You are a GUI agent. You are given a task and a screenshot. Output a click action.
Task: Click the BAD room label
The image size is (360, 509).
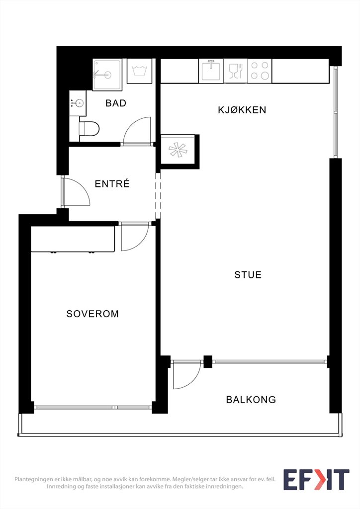coord(116,103)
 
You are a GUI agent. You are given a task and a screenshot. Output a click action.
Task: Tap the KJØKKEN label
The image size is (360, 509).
coord(242,110)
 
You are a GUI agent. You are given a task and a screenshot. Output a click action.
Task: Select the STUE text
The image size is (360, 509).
coord(248,274)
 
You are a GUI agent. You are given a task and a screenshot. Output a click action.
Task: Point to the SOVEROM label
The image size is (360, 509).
coord(92,314)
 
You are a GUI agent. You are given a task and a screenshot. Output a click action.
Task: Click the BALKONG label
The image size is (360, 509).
coord(251,399)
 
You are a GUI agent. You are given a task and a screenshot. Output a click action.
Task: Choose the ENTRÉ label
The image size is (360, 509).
coord(112,183)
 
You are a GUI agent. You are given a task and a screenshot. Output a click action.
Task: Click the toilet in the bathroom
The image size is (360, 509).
coord(89,129)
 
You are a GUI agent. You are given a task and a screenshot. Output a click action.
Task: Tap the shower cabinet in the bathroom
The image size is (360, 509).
coord(107,75)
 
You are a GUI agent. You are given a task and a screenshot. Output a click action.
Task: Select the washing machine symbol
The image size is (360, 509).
coord(140,71)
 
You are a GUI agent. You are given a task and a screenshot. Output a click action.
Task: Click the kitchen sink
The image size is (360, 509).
coord(211,71)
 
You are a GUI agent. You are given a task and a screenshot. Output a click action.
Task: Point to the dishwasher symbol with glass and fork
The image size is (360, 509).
coord(236,71)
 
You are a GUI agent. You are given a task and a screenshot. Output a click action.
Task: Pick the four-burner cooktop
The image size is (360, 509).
coord(260,71)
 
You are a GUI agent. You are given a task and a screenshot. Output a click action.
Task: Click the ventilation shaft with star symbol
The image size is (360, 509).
coord(178,150)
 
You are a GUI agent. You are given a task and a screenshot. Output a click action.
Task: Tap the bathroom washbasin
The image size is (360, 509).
coord(78,103)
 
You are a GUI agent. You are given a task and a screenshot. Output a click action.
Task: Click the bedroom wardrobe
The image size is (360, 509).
coord(73,239)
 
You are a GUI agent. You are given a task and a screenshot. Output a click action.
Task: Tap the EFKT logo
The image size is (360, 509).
coord(316,480)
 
